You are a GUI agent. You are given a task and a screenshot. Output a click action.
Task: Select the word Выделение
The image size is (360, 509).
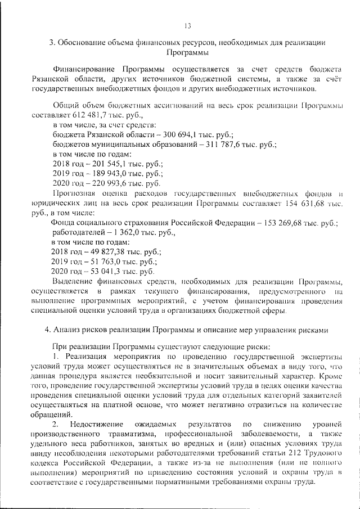click(x=71, y=281)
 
